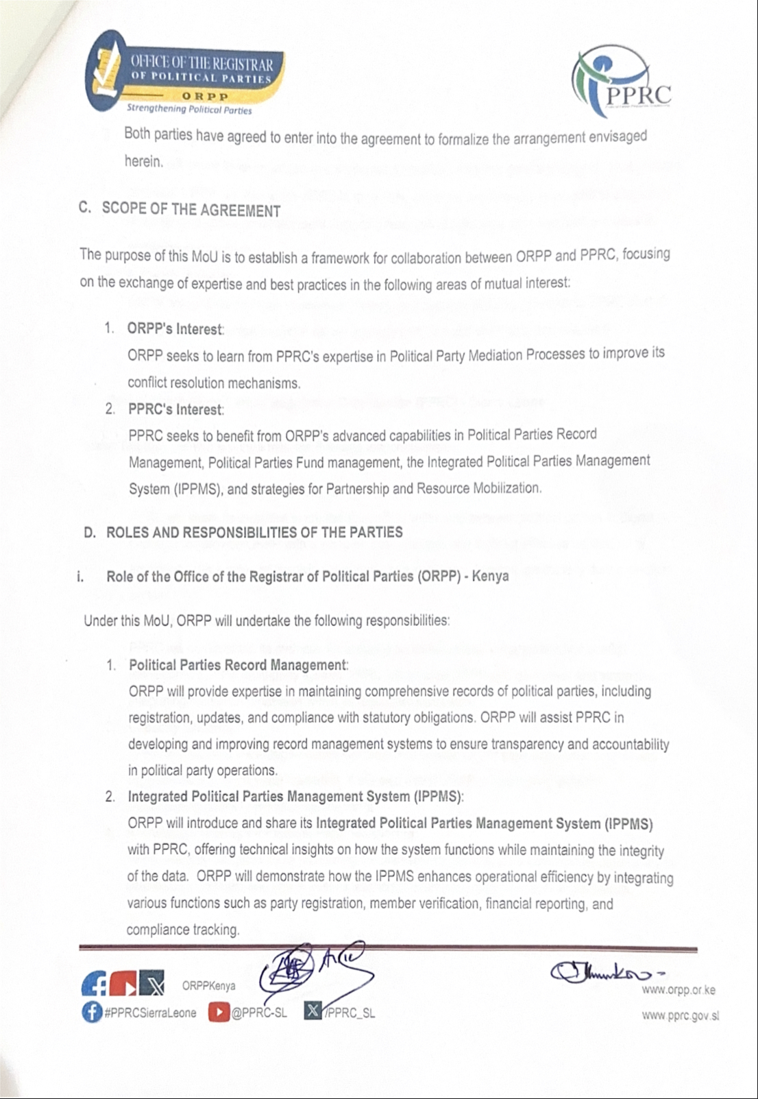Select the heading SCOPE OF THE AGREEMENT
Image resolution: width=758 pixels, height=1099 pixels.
click(x=191, y=209)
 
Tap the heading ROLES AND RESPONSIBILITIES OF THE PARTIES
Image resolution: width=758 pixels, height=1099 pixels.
click(x=254, y=533)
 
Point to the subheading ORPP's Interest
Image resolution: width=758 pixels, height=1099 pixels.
click(x=175, y=329)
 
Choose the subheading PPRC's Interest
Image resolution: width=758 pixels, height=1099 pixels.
click(x=175, y=410)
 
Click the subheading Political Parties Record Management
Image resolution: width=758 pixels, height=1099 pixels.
click(x=238, y=665)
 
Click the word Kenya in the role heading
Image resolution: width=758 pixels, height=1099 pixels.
click(x=490, y=575)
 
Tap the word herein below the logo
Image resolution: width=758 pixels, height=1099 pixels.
click(x=144, y=162)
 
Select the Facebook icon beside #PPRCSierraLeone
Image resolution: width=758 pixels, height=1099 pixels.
click(x=91, y=1013)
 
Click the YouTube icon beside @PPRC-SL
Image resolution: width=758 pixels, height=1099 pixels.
click(x=219, y=1013)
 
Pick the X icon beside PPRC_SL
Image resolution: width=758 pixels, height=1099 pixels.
click(x=313, y=1011)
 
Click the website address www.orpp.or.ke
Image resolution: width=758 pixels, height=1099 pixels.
click(x=678, y=990)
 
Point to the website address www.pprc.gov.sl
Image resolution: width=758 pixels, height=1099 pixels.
click(x=680, y=1016)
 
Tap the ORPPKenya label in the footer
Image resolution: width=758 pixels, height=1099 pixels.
click(x=208, y=986)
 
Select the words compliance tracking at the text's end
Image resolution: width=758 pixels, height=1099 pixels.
click(x=182, y=930)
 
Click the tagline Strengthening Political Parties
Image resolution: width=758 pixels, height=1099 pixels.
click(x=189, y=109)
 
